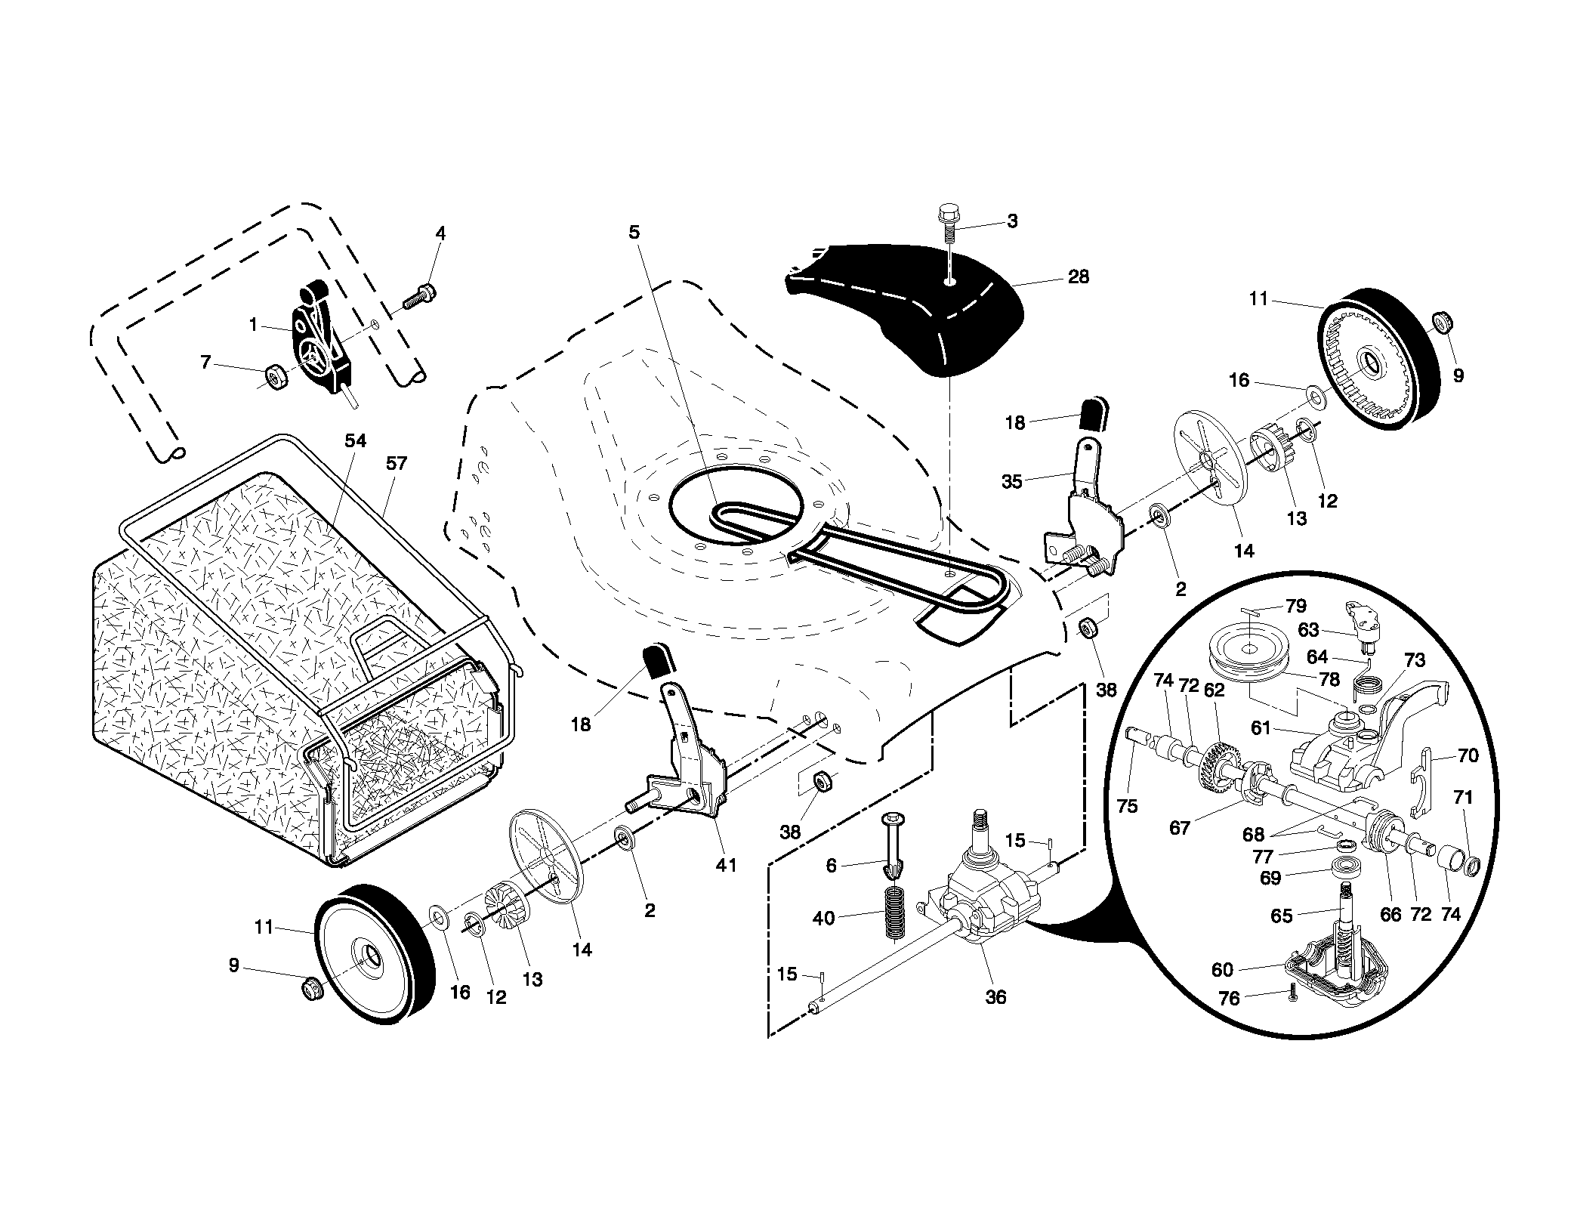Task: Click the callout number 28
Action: pyautogui.click(x=1079, y=277)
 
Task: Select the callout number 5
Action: pyautogui.click(x=634, y=232)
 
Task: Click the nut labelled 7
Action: pyautogui.click(x=276, y=375)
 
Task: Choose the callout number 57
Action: pyautogui.click(x=396, y=463)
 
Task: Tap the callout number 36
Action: pyautogui.click(x=996, y=997)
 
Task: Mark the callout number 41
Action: pyautogui.click(x=726, y=865)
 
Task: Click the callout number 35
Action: pyautogui.click(x=1011, y=482)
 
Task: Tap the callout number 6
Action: pyautogui.click(x=832, y=866)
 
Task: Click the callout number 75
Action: pyautogui.click(x=1127, y=807)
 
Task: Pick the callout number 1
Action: pyautogui.click(x=254, y=324)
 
